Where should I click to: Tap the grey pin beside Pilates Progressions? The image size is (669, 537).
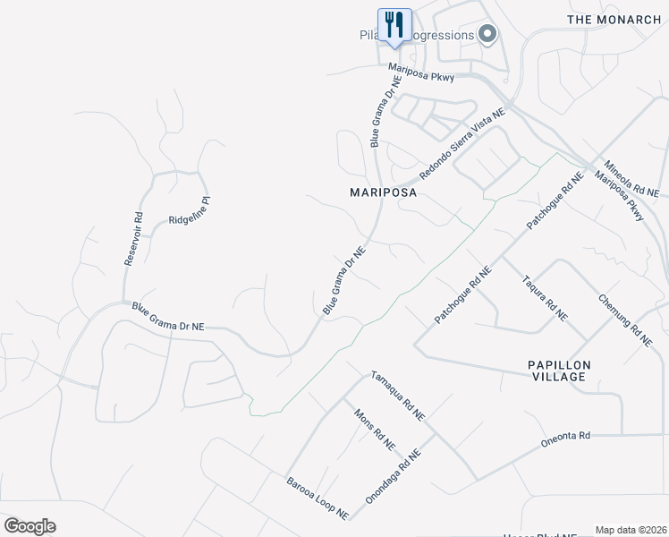(487, 35)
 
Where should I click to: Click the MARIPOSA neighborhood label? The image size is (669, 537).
(384, 192)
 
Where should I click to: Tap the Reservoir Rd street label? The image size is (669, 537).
(133, 238)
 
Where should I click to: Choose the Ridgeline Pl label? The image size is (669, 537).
(189, 217)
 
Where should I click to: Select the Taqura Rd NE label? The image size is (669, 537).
(545, 296)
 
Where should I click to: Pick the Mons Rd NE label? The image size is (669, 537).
(375, 430)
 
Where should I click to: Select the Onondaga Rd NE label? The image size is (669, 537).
(393, 476)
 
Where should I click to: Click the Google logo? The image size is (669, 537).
(30, 526)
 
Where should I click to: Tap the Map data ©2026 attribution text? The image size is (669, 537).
(631, 530)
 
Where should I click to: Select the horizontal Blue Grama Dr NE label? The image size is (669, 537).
(168, 317)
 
